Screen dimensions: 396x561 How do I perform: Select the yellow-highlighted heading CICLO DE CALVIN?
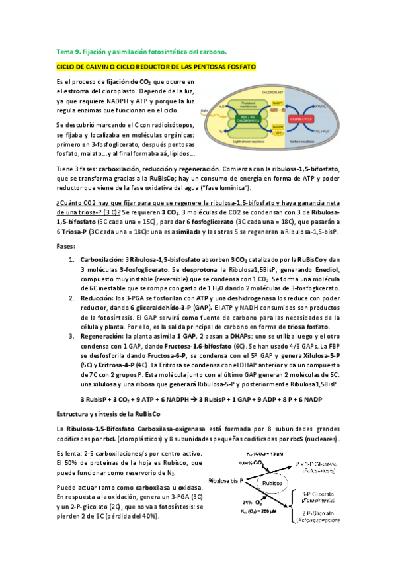(x=157, y=67)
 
